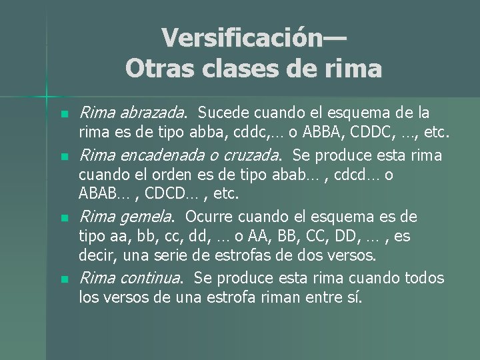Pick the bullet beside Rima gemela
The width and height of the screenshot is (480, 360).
[64, 218]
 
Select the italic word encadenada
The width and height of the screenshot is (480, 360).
[174, 155]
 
